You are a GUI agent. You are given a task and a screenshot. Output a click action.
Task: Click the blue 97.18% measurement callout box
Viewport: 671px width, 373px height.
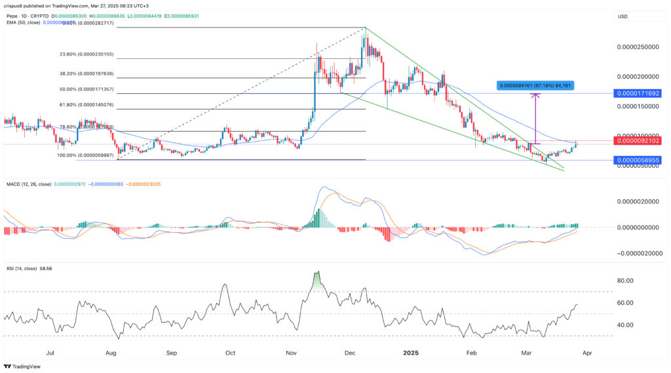tap(535, 85)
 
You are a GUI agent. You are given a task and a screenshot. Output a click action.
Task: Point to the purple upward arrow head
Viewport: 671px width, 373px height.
tap(536, 96)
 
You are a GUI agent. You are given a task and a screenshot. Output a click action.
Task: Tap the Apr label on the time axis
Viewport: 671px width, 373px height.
tap(587, 352)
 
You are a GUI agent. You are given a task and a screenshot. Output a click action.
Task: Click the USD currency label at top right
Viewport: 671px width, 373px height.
tap(624, 16)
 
